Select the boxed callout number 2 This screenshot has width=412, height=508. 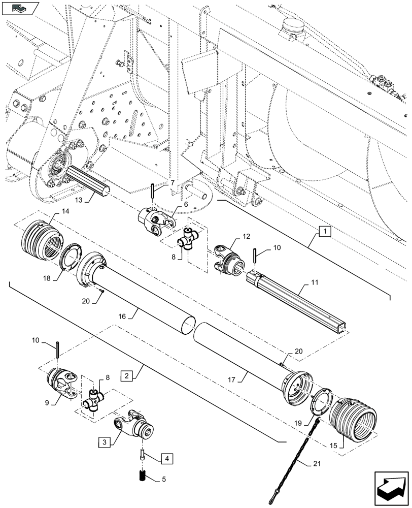click(x=127, y=376)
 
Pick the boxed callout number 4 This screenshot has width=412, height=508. click(x=165, y=459)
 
